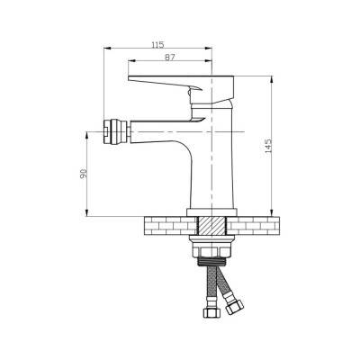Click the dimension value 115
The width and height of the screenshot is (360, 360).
[157, 45]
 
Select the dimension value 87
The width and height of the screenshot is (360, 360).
[170, 58]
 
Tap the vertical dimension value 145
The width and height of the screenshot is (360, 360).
[268, 146]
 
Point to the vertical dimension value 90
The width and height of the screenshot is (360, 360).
[84, 174]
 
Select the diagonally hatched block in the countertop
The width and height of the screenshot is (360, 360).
[212, 226]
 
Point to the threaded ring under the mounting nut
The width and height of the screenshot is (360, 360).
[212, 261]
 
